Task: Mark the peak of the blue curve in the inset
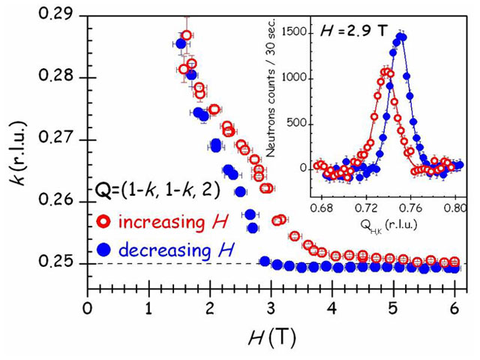(x=402, y=35)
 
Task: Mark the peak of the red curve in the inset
(x=386, y=70)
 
